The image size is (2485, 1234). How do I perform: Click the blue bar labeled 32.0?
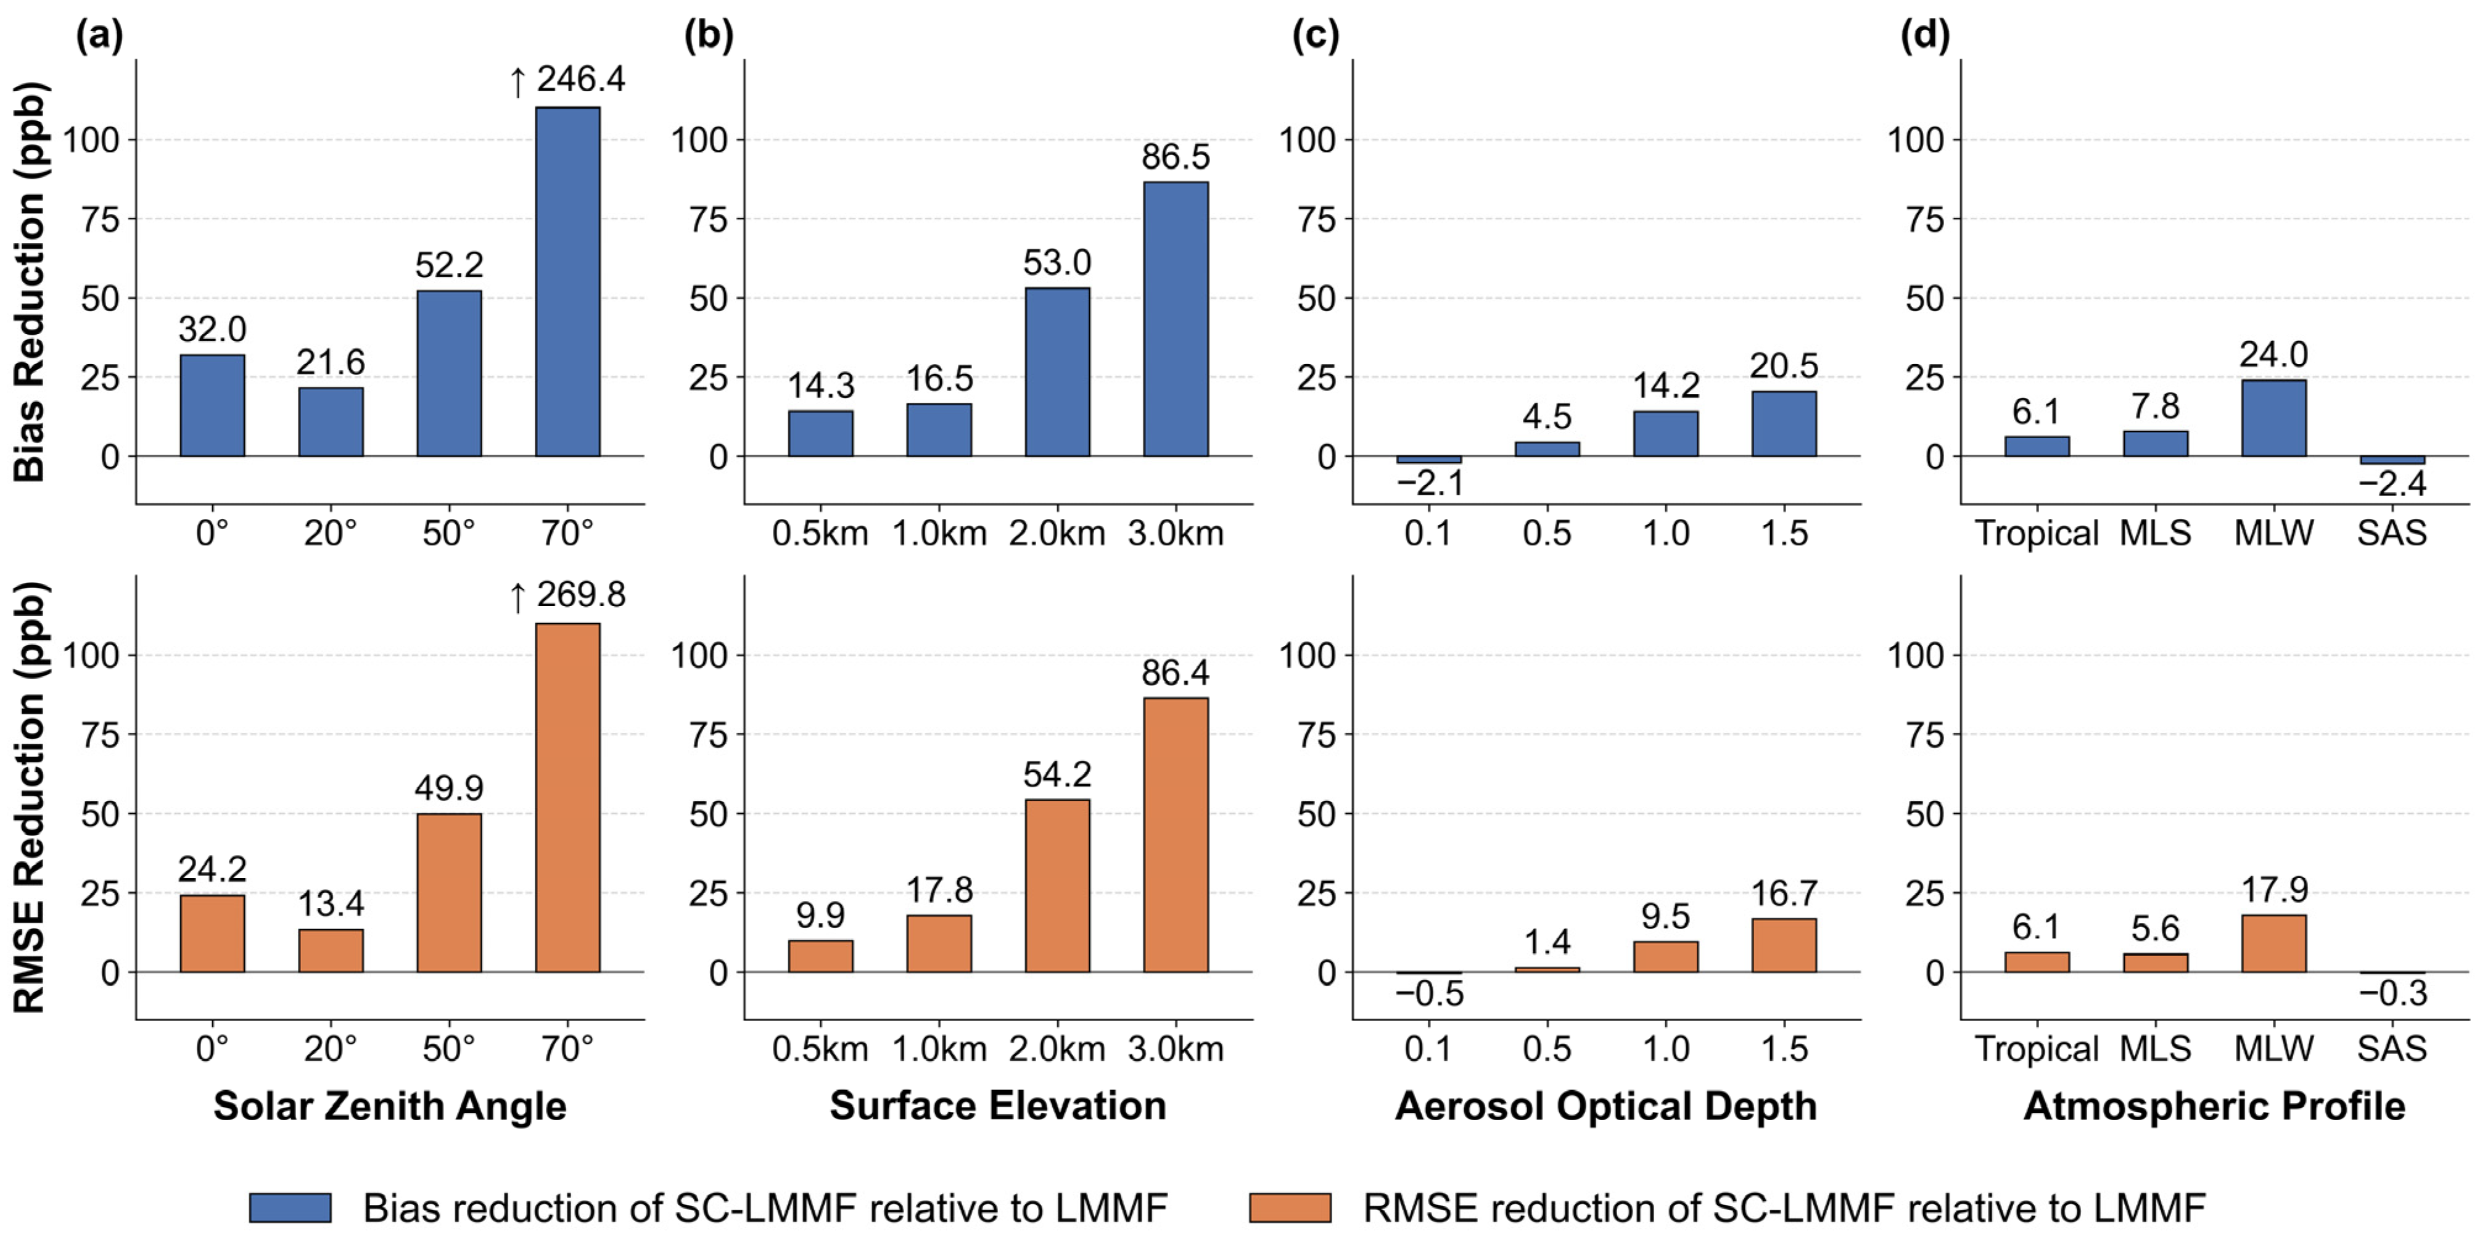click(212, 405)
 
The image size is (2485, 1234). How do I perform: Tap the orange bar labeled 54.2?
click(1057, 885)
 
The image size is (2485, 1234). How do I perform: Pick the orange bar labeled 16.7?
click(1784, 945)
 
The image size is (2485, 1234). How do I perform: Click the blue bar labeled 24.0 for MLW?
click(2273, 418)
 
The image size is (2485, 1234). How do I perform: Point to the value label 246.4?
click(581, 79)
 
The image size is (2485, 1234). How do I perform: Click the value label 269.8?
click(581, 594)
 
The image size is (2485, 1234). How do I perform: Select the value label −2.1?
click(1430, 482)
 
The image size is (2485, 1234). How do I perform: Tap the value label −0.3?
click(2393, 993)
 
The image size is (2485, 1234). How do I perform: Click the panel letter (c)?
click(1316, 36)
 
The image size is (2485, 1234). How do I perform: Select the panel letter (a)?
click(99, 36)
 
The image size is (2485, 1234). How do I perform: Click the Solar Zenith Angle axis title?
click(390, 1106)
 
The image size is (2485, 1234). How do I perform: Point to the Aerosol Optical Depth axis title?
click(1606, 1106)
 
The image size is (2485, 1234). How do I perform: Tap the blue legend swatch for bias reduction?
click(291, 1207)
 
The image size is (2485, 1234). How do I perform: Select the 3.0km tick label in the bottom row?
click(1176, 1049)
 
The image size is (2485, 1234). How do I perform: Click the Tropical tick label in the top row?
click(2037, 534)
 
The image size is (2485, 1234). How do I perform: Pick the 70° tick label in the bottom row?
click(567, 1049)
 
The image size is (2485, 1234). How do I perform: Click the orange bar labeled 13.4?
click(331, 950)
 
